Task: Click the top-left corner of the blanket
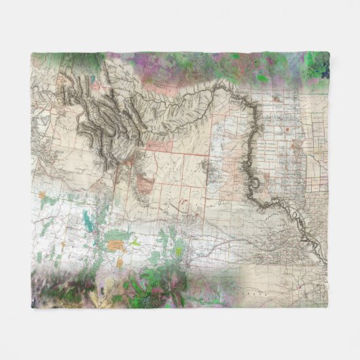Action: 33,53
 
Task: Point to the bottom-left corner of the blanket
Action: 32,308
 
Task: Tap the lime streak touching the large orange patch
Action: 134,242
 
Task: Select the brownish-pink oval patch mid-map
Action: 143,183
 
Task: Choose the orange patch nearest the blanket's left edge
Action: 41,195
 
